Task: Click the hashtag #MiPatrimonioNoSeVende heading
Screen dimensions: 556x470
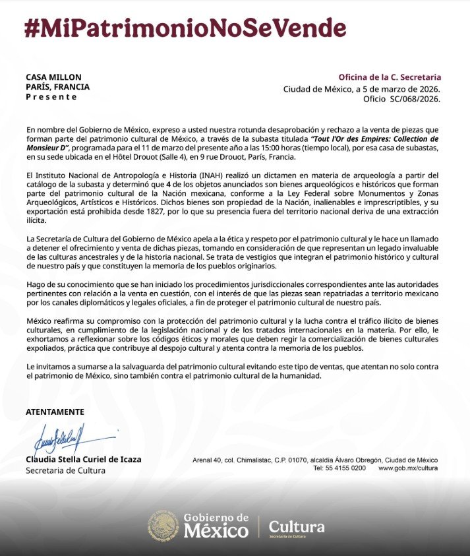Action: pyautogui.click(x=185, y=28)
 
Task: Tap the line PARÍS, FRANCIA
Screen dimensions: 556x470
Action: pyautogui.click(x=58, y=86)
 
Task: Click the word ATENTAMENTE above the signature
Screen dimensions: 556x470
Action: pyautogui.click(x=55, y=412)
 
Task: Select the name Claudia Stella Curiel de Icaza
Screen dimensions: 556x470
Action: pyautogui.click(x=83, y=460)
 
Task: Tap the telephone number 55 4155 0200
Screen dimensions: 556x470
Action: pyautogui.click(x=343, y=468)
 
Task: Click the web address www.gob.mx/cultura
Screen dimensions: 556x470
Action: pyautogui.click(x=408, y=468)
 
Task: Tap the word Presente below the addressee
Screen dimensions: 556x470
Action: pyautogui.click(x=51, y=97)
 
